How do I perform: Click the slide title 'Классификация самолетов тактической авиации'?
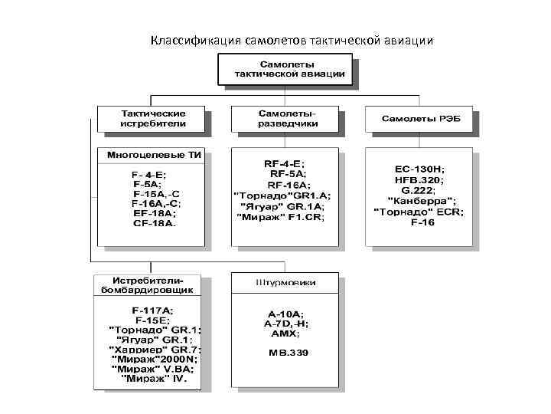click(x=292, y=39)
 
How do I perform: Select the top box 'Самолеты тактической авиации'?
click(x=284, y=70)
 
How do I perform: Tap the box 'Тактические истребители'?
click(x=152, y=118)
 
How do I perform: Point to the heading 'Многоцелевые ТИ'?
click(x=153, y=154)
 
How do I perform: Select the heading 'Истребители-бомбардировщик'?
click(x=147, y=284)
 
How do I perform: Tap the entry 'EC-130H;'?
click(x=422, y=169)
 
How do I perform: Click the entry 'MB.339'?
click(x=286, y=353)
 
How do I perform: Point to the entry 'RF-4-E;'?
click(x=283, y=164)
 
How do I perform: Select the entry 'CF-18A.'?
click(x=154, y=225)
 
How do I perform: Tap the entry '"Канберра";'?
click(x=421, y=200)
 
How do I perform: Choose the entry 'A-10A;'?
click(x=285, y=314)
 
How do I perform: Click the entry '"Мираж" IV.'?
click(x=152, y=379)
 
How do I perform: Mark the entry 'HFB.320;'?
click(x=422, y=179)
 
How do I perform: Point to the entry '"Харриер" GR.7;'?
click(x=154, y=350)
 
